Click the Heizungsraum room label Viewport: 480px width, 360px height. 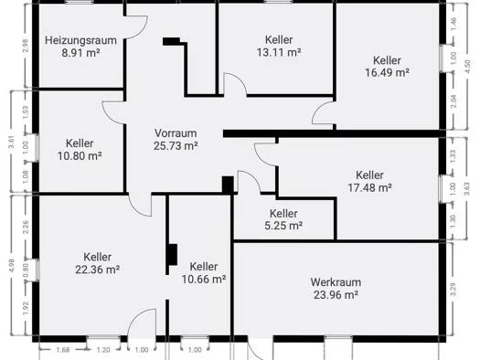tap(80, 40)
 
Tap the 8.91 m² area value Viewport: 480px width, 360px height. tap(80, 53)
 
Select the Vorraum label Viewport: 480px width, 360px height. tap(176, 133)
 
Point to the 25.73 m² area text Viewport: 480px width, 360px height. tap(176, 146)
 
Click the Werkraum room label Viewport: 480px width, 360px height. tap(336, 282)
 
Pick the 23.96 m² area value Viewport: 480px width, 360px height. tap(336, 295)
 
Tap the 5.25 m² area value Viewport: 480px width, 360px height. tap(283, 226)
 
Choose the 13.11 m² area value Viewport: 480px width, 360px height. tap(279, 53)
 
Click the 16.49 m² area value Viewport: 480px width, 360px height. tap(387, 73)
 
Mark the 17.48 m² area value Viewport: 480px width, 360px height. tap(369, 187)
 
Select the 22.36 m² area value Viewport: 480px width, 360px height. tap(97, 270)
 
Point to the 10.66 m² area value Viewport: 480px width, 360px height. tap(204, 280)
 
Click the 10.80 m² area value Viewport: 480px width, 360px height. tap(80, 156)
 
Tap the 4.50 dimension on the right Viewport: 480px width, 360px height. tap(467, 66)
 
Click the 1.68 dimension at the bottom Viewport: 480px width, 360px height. tap(63, 350)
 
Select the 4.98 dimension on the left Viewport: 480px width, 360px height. tap(12, 265)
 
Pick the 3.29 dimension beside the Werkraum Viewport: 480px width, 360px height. tap(453, 289)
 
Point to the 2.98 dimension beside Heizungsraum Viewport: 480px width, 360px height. tap(25, 46)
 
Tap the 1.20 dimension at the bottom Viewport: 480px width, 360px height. tap(103, 350)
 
